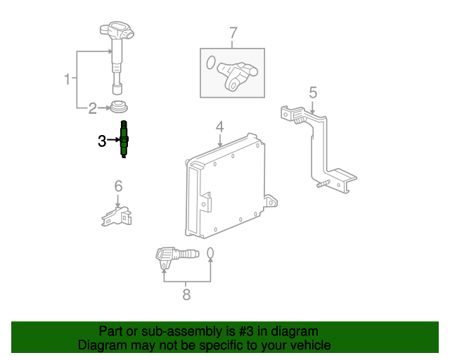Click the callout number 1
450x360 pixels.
(x=67, y=79)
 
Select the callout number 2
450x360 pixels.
(x=92, y=108)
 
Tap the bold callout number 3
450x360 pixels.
(x=102, y=141)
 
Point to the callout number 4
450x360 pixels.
(x=219, y=127)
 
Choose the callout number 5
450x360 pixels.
(x=313, y=93)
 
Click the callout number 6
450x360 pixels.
(x=118, y=186)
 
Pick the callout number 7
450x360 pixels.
(x=233, y=33)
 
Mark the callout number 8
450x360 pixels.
(x=186, y=295)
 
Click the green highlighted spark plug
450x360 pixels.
(x=124, y=139)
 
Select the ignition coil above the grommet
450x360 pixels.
(x=117, y=58)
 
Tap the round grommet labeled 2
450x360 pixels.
(x=119, y=106)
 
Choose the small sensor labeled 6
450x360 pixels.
(x=116, y=216)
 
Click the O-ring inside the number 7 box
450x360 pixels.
(x=211, y=63)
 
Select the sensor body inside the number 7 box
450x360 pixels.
(x=237, y=76)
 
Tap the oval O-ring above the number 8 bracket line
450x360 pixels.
(x=210, y=253)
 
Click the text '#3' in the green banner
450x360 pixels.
(x=246, y=332)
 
